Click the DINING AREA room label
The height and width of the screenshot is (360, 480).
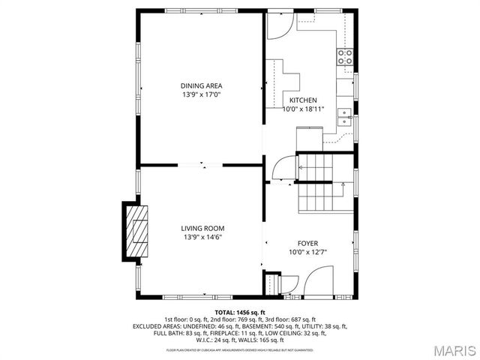(x=201, y=85)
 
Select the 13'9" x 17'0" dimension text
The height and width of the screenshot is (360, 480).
(x=201, y=95)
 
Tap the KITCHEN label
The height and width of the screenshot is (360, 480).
(x=303, y=100)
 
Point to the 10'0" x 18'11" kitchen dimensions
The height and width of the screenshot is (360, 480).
(x=303, y=109)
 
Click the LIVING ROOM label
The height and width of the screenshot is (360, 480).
(x=202, y=228)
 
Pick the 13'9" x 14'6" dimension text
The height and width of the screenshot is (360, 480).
(x=202, y=238)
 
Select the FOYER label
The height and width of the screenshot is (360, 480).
(x=307, y=243)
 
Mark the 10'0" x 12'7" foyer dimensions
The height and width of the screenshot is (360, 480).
(x=307, y=253)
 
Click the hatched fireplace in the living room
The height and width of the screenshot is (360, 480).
(x=136, y=232)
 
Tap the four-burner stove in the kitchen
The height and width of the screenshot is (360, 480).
(x=345, y=57)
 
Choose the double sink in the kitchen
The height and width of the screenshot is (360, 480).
(x=345, y=115)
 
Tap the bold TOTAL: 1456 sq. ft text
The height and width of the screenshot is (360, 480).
(x=240, y=312)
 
